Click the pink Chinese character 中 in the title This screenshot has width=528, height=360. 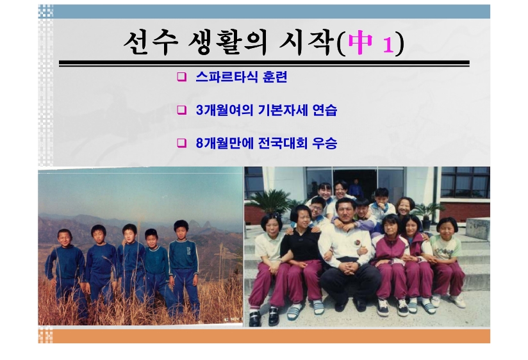[361, 42]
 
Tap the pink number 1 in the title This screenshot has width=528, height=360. [388, 45]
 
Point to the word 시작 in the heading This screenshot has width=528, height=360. [306, 43]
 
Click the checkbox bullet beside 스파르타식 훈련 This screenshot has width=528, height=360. [181, 77]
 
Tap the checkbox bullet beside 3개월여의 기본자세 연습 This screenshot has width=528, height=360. [181, 110]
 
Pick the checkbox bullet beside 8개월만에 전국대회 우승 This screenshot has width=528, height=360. [181, 143]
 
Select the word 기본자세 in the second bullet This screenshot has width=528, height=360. [283, 110]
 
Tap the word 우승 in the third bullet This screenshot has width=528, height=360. [325, 143]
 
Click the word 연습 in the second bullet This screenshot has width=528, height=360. [325, 110]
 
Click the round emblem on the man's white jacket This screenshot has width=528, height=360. [358, 243]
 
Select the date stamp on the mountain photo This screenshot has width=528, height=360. [234, 318]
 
